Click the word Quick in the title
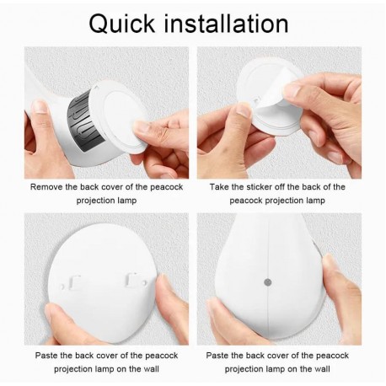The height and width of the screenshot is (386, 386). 121,24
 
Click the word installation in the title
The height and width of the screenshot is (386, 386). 226,24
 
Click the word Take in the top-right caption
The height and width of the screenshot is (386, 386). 219,187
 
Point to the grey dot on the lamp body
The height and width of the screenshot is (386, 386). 268,281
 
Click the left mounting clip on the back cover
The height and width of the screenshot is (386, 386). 74,282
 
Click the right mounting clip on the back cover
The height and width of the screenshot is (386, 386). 131,280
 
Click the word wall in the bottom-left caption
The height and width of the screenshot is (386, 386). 151,369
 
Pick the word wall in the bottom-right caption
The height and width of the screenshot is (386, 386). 322,369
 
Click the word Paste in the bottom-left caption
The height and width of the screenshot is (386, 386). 46,356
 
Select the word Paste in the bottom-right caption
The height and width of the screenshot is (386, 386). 217,356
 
